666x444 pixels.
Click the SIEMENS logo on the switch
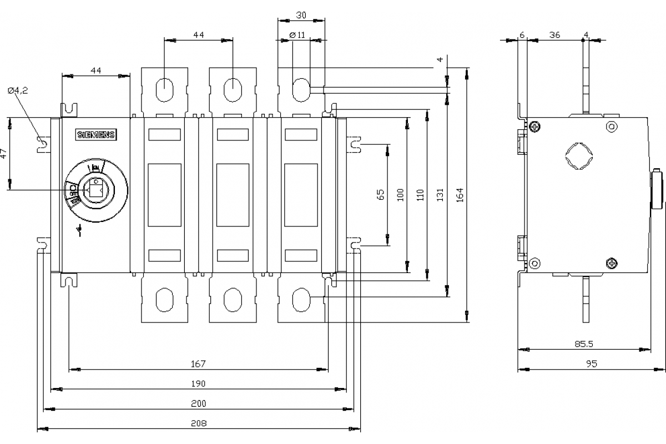(x=95, y=135)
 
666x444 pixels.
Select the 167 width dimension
(x=198, y=364)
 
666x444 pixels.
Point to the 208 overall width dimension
(x=198, y=423)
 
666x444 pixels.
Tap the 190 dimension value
(x=198, y=384)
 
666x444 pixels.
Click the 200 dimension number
(x=198, y=403)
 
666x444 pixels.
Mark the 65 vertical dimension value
(x=380, y=194)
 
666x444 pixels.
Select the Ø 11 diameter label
(x=297, y=34)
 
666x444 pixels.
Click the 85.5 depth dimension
(x=584, y=344)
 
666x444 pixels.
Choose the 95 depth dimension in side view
(x=592, y=364)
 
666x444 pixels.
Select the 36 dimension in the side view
(x=554, y=34)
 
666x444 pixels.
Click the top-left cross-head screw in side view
(x=534, y=127)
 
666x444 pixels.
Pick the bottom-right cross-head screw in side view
(x=612, y=263)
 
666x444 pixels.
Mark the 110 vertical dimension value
(x=420, y=194)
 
